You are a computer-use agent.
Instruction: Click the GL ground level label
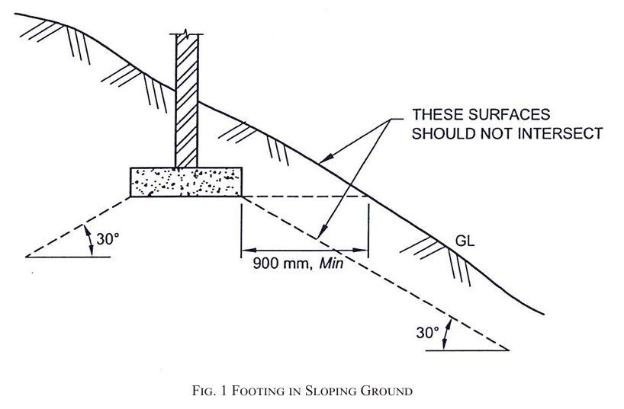[x=465, y=241]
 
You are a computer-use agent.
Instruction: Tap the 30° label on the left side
[x=108, y=239]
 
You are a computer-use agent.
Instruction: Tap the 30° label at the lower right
[x=427, y=332]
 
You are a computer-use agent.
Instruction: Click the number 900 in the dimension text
[x=266, y=263]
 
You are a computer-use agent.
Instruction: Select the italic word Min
[x=331, y=263]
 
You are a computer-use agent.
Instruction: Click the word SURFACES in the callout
[x=509, y=114]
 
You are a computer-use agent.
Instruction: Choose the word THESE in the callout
[x=438, y=114]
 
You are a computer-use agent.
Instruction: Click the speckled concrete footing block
[x=186, y=182]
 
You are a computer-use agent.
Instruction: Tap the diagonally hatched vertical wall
[x=186, y=101]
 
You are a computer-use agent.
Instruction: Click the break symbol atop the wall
[x=185, y=33]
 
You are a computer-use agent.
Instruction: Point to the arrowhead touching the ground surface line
[x=326, y=159]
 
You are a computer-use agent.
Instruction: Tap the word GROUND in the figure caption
[x=387, y=391]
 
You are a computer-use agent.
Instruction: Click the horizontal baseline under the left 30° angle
[x=68, y=257]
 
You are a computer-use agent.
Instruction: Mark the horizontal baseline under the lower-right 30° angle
[x=467, y=350]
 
